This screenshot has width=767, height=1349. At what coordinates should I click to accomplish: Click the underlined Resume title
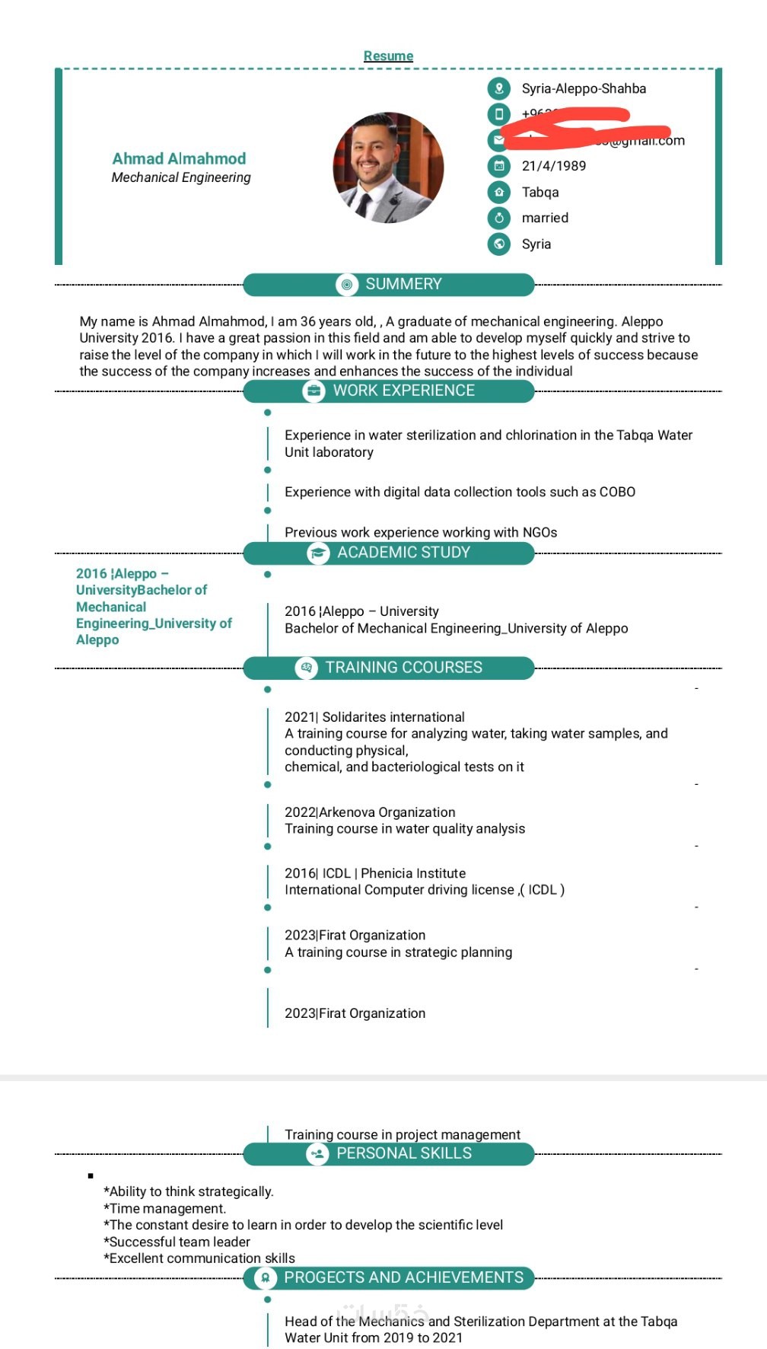(388, 56)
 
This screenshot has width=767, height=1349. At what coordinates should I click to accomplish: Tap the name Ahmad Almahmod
(179, 158)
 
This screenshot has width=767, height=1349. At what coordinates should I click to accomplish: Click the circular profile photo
(388, 167)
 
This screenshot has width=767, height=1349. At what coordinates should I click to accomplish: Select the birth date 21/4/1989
(553, 166)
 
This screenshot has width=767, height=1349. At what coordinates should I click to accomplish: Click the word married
(545, 218)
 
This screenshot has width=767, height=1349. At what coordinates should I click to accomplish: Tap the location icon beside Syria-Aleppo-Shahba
(499, 88)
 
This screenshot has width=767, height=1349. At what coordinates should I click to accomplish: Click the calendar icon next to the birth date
(499, 166)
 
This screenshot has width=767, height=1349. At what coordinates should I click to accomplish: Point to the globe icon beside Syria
(499, 244)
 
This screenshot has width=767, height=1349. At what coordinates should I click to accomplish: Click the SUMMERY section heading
(403, 284)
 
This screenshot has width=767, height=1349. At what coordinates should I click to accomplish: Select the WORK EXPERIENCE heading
(403, 391)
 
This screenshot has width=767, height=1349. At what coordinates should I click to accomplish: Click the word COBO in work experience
(617, 492)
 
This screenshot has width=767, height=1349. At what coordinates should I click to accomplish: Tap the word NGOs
(539, 532)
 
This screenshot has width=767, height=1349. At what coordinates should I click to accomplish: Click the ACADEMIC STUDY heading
(403, 553)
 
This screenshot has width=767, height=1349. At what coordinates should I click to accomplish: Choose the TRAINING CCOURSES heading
(403, 668)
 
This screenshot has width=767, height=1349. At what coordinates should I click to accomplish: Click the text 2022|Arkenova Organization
(370, 812)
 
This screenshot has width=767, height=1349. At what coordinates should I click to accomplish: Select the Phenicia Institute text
(413, 873)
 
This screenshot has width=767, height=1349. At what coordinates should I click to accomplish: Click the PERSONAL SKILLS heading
(403, 1153)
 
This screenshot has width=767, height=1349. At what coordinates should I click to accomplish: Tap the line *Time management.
(165, 1208)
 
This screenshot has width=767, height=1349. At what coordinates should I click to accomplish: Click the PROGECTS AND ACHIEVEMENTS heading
(403, 1277)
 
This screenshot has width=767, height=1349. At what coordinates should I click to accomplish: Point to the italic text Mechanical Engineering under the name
(181, 177)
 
